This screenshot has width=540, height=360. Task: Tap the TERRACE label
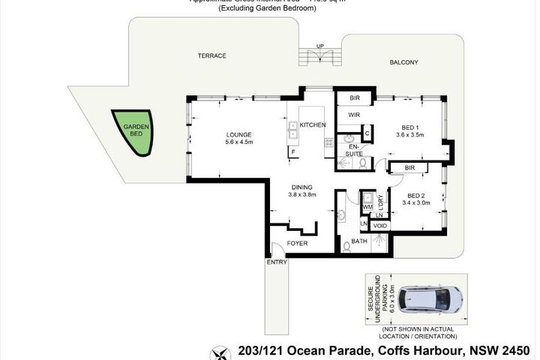211,56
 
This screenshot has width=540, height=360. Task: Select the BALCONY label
403,62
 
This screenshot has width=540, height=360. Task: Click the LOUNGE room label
239,136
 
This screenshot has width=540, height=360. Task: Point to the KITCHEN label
313,124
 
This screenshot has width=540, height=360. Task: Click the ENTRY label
277,262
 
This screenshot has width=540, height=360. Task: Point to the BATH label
359,241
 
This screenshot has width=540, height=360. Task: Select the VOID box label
379,225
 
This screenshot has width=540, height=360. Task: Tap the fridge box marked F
292,152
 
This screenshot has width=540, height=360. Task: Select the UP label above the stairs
320,46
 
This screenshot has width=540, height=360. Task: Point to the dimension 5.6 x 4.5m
239,144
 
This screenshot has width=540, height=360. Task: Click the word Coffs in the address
379,350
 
